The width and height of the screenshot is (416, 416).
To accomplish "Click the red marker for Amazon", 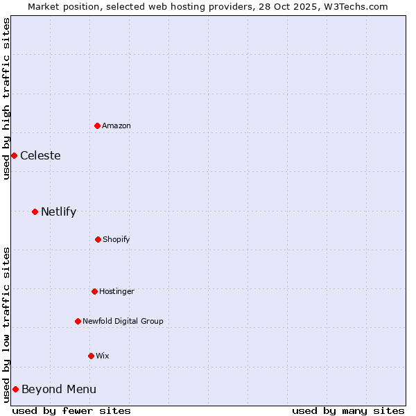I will (98, 125).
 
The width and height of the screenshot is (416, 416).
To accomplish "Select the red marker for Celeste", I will (14, 155).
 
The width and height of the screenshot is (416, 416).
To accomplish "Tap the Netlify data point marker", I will (35, 211).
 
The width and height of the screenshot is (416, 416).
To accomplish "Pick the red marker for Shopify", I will (98, 239).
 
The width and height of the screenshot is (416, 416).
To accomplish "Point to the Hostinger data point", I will (94, 291).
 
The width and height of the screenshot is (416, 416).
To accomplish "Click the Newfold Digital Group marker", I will (78, 321).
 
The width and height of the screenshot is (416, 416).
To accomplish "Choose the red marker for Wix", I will (91, 356).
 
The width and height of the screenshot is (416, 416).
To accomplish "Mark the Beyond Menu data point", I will (15, 389).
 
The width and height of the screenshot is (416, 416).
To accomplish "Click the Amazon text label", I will (116, 125).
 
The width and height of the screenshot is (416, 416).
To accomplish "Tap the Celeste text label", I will (40, 155).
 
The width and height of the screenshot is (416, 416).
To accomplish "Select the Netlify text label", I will (58, 211).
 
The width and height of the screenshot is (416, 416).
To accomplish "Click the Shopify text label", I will (116, 239).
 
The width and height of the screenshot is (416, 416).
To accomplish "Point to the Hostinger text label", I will (116, 291).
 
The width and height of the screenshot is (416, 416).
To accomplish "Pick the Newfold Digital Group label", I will (123, 321).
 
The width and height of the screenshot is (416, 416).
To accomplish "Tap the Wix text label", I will (103, 356).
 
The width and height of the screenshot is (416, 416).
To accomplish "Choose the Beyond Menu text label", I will (59, 389).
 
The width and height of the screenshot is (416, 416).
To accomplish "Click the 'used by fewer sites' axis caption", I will (71, 410).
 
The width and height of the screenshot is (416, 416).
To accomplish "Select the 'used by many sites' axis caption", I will (348, 410).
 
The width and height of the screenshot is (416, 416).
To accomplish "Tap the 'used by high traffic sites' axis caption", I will (6, 98).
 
